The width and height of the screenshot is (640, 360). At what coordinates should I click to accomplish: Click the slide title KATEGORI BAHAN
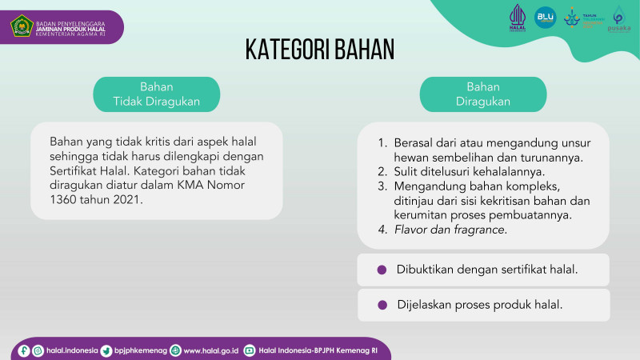click(320, 49)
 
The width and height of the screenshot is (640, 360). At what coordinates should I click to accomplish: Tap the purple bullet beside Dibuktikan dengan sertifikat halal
click(382, 270)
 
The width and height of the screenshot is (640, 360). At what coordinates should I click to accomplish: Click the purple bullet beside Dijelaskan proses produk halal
click(382, 305)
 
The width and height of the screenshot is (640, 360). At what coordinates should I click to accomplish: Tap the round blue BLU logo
click(545, 18)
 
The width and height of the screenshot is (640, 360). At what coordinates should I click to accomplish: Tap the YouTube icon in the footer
click(250, 350)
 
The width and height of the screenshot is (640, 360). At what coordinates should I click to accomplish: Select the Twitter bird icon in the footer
click(106, 350)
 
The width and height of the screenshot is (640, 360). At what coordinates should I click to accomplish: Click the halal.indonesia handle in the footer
click(72, 350)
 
